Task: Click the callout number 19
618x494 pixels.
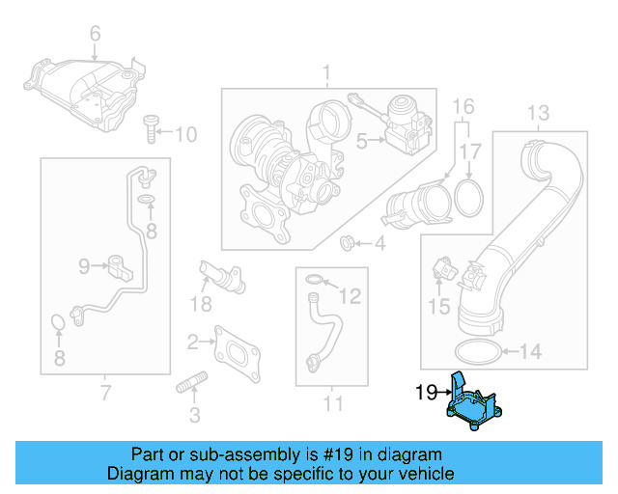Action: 426,393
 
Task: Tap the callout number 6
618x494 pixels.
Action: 95,36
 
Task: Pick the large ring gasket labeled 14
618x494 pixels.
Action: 477,350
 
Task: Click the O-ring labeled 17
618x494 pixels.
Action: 469,195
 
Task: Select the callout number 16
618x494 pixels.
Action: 463,104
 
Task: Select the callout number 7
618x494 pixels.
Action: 104,392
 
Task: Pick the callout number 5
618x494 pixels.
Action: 362,141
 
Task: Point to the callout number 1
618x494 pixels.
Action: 326,71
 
